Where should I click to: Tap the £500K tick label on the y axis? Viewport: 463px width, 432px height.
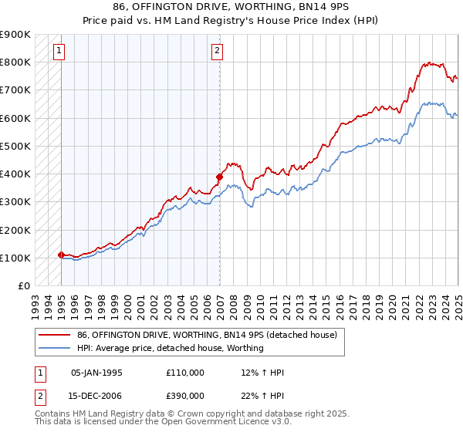[15, 146]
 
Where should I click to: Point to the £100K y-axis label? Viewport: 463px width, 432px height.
[15, 258]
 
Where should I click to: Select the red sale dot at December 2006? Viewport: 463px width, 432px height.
[219, 177]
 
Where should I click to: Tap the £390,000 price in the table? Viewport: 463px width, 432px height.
[185, 395]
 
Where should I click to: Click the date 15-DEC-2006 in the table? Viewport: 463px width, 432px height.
[96, 395]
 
